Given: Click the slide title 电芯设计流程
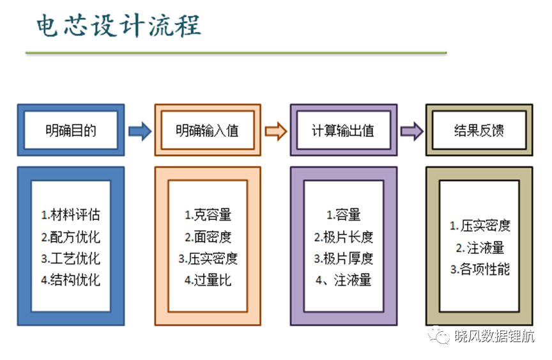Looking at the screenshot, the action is pyautogui.click(x=119, y=26).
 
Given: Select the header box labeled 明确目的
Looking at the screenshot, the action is pyautogui.click(x=71, y=130).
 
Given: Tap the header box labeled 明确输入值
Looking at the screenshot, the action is pyautogui.click(x=208, y=130).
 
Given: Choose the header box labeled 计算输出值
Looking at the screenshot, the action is pyautogui.click(x=344, y=130).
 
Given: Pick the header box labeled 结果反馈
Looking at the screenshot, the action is pyautogui.click(x=479, y=130).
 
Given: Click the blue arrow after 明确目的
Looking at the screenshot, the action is pyautogui.click(x=140, y=131).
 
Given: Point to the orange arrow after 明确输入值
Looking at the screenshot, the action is pyautogui.click(x=276, y=131).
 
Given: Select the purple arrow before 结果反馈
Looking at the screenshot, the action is pyautogui.click(x=412, y=131).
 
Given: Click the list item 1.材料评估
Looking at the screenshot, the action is pyautogui.click(x=70, y=214).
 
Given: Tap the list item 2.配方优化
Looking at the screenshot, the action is pyautogui.click(x=70, y=237).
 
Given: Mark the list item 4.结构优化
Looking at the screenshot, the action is pyautogui.click(x=70, y=280).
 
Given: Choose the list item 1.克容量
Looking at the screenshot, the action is pyautogui.click(x=208, y=214).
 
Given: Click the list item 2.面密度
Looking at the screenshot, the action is pyautogui.click(x=208, y=237).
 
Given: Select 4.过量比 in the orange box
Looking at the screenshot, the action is pyautogui.click(x=208, y=280).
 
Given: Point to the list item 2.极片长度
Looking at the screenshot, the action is pyautogui.click(x=344, y=237).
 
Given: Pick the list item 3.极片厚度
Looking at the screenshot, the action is pyautogui.click(x=344, y=258).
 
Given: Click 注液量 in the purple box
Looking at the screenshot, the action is pyautogui.click(x=353, y=280).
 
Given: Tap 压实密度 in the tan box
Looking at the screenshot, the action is pyautogui.click(x=486, y=226).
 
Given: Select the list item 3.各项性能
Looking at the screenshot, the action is pyautogui.click(x=480, y=269).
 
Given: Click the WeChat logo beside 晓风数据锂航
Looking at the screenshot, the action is pyautogui.click(x=439, y=334).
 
